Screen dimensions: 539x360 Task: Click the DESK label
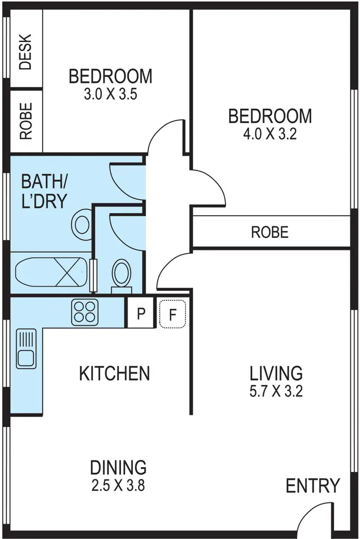point(26,52)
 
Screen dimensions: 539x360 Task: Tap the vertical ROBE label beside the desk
point(26,121)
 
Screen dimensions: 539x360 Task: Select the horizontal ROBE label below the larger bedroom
point(270,233)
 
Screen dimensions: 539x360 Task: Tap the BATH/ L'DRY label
point(44,192)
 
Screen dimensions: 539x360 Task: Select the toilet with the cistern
point(120,276)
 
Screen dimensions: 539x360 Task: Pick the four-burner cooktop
point(85,311)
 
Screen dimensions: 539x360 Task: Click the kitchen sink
point(26,348)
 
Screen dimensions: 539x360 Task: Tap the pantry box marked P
point(141,313)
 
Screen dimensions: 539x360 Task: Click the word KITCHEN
point(114,373)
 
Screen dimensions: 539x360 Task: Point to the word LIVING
point(276,373)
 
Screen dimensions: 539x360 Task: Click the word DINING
point(118,467)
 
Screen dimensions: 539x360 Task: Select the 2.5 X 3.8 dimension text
point(118,485)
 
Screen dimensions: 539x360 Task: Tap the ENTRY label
point(313,486)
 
